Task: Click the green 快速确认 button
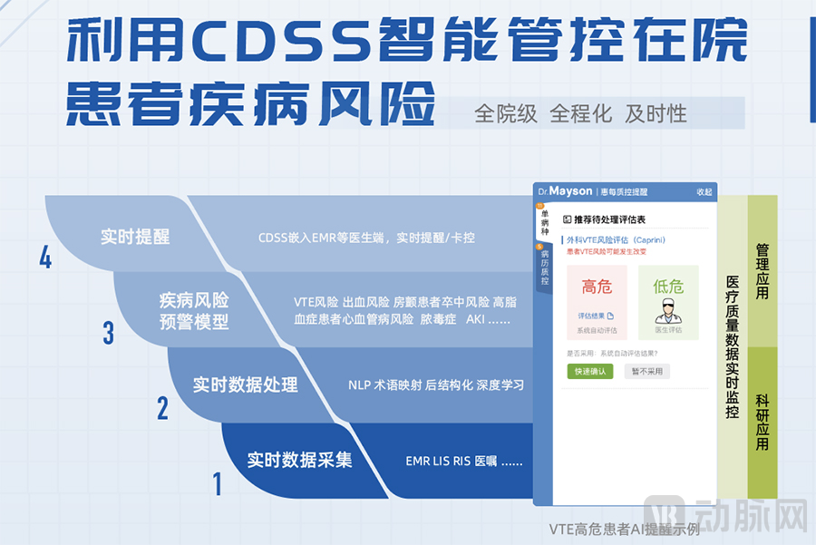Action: click(x=590, y=371)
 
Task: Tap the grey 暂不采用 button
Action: click(x=646, y=371)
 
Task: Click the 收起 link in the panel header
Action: click(x=704, y=192)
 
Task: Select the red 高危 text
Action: click(x=597, y=287)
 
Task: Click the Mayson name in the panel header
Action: click(x=570, y=191)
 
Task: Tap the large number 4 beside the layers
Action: click(x=45, y=259)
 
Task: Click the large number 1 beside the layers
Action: click(x=217, y=483)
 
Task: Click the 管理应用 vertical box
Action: click(x=763, y=269)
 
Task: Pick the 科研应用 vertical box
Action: click(x=763, y=422)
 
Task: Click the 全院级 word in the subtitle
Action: click(x=506, y=114)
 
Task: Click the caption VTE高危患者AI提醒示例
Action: click(x=624, y=529)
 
